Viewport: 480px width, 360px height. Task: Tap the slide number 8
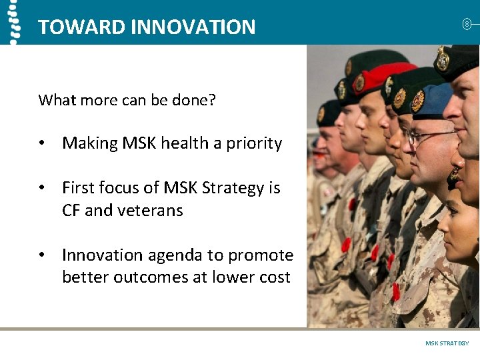click(467, 25)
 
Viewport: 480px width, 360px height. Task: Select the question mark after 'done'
click(213, 100)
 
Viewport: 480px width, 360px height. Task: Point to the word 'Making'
click(86, 143)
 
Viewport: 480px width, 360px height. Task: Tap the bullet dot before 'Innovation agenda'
click(42, 255)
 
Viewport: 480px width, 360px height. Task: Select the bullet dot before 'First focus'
click(42, 189)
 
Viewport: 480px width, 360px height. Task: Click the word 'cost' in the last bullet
click(273, 277)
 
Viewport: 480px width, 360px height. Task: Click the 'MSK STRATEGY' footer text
click(447, 343)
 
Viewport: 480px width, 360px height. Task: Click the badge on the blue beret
click(417, 101)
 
